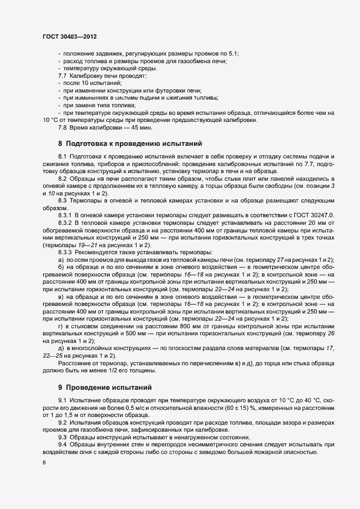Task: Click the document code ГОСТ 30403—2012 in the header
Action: (x=70, y=36)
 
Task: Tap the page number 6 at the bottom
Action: (x=44, y=462)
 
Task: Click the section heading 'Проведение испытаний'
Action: (x=108, y=388)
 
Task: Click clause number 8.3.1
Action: (x=65, y=216)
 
